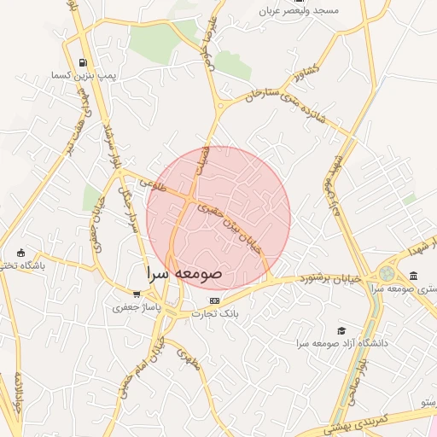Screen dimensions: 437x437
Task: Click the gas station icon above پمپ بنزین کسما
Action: pos(82,62)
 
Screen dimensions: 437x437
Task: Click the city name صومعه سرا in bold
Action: pos(184,274)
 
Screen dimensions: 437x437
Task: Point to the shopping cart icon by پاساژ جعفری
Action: pos(137,294)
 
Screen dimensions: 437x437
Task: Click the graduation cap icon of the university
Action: pos(342,330)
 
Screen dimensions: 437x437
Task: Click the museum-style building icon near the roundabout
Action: pos(414,275)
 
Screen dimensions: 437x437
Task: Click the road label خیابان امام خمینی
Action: pos(154,358)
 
